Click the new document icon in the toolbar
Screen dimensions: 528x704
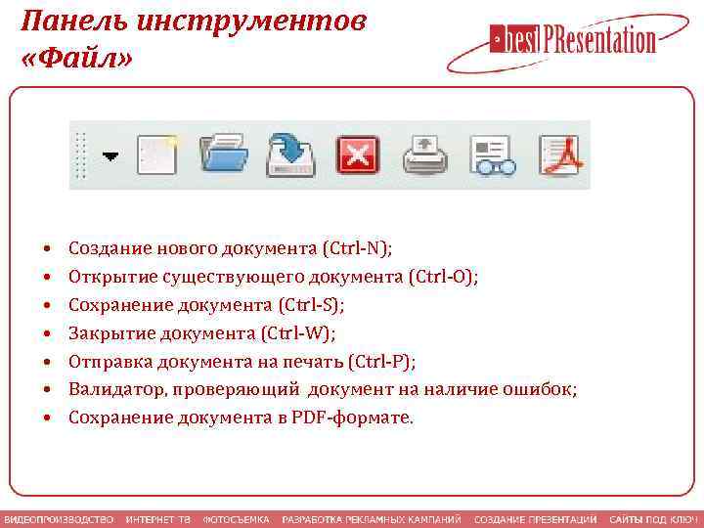[x=156, y=154]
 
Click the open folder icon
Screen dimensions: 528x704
[x=224, y=154]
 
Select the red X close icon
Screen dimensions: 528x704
[x=357, y=154]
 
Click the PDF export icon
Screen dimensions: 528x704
[x=560, y=154]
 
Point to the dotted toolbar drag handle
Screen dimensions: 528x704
[x=82, y=154]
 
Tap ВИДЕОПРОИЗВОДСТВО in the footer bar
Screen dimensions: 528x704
[x=58, y=518]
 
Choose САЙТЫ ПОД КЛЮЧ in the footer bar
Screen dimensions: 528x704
[x=652, y=518]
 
